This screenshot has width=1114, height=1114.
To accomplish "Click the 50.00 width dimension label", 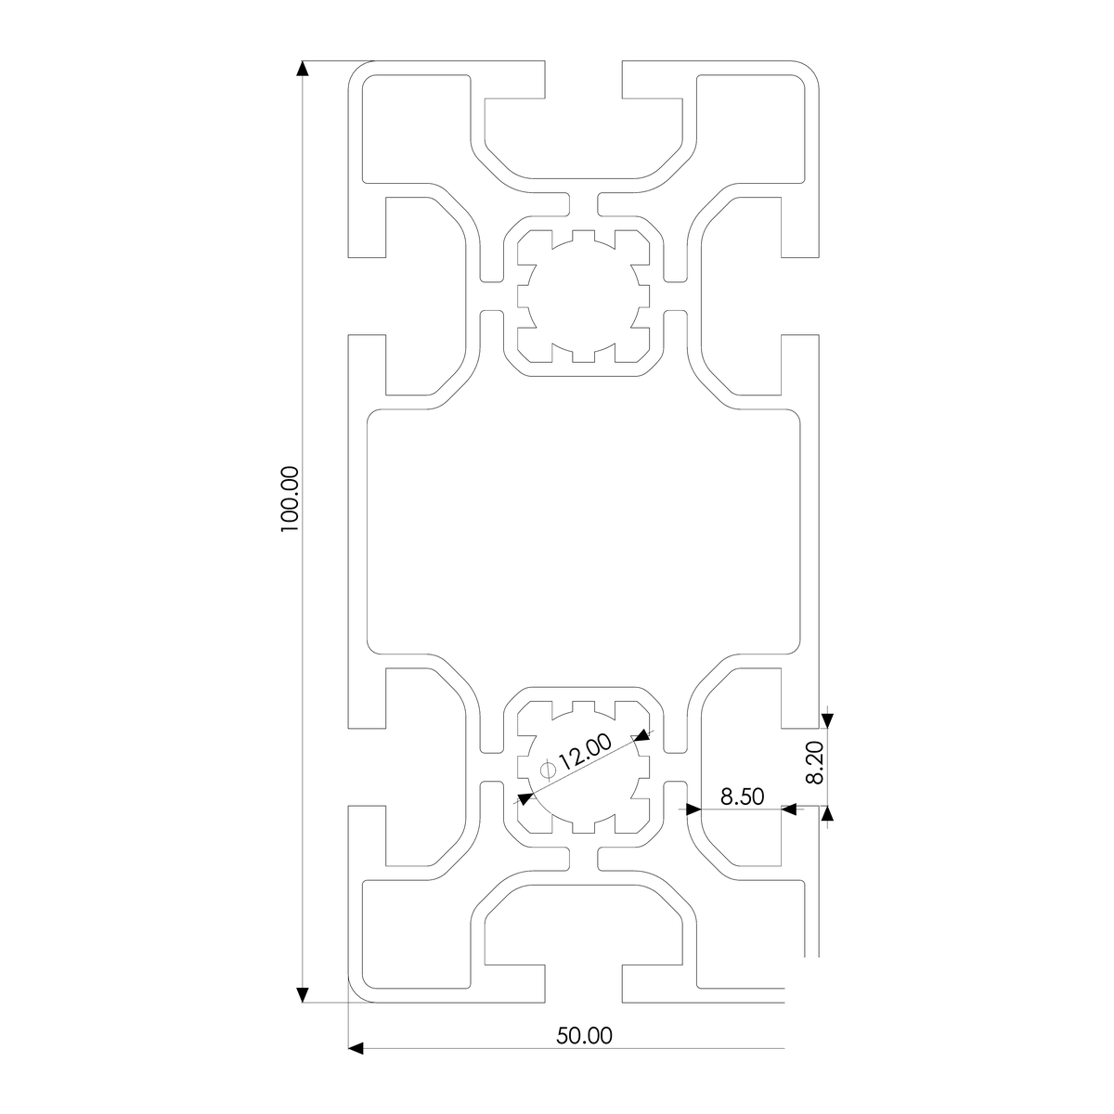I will (584, 1036).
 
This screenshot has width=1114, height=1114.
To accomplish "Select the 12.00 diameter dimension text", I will (586, 751).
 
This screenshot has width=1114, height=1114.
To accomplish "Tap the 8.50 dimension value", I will (741, 796).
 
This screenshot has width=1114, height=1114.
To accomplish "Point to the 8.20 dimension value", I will (815, 763).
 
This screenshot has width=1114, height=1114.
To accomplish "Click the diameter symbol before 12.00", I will (548, 769).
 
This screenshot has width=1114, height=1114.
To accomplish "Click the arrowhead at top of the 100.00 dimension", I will (302, 69).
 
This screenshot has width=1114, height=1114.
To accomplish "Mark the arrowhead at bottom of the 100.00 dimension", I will (302, 995).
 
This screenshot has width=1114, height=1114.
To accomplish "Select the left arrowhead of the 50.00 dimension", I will (355, 1048).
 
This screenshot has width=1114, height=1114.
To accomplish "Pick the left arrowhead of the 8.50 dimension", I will (692, 810).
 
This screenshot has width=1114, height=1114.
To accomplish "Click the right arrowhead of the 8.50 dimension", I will (789, 810).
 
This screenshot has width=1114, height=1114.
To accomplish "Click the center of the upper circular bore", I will (583, 296).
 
